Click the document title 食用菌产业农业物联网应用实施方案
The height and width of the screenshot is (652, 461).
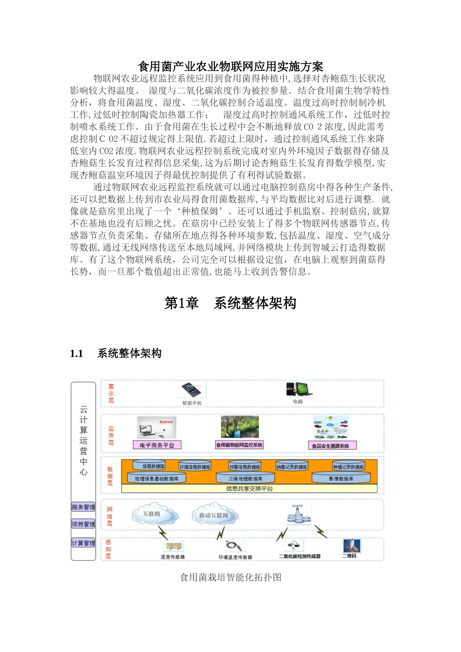tap(230, 66)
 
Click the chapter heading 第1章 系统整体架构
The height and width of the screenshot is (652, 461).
tap(230, 303)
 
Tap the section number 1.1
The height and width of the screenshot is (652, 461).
tap(77, 354)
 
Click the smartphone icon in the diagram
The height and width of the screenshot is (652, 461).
tap(192, 390)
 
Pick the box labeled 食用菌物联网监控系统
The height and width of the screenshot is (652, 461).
tap(239, 445)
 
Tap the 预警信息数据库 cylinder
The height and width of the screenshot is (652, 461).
tap(245, 466)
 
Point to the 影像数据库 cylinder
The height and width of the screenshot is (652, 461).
tap(341, 478)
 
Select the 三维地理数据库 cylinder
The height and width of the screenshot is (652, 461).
tap(246, 478)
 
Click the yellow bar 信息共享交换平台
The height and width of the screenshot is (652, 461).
tap(249, 489)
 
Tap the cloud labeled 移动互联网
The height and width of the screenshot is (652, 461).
tap(214, 516)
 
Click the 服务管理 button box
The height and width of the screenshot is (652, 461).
tap(83, 507)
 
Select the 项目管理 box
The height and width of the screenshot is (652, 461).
tap(83, 524)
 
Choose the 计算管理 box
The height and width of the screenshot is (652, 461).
tap(83, 543)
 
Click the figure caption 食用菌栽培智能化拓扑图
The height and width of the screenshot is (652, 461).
tap(230, 577)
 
